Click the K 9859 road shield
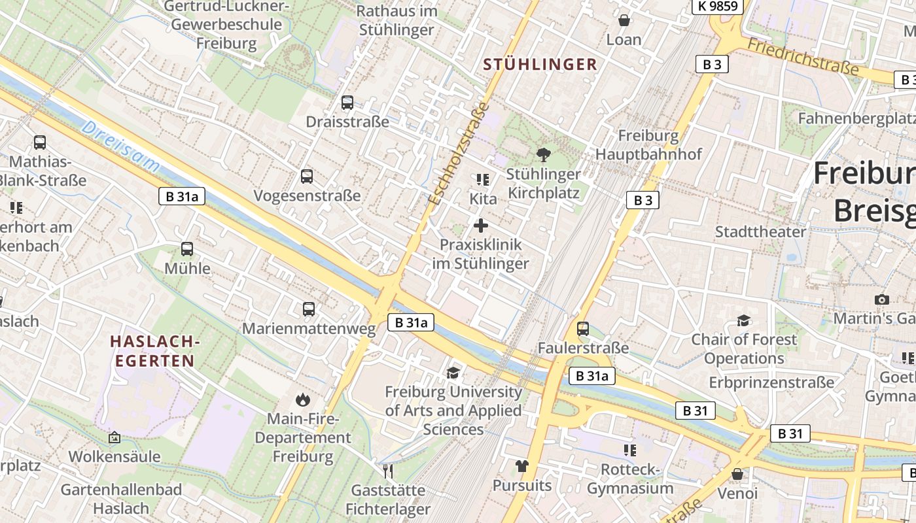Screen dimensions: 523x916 click(717, 7)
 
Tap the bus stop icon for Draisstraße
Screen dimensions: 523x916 click(347, 103)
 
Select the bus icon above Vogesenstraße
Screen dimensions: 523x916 click(306, 177)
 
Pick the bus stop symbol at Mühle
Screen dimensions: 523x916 click(187, 249)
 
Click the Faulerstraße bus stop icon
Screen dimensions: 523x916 click(583, 329)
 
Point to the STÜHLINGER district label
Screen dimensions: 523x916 click(540, 64)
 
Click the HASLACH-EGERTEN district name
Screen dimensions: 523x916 click(154, 351)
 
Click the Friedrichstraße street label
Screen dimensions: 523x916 click(802, 56)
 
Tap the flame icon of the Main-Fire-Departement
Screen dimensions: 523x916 click(302, 399)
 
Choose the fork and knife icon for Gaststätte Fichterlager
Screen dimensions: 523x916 click(388, 471)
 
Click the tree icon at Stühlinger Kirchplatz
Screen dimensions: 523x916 click(543, 155)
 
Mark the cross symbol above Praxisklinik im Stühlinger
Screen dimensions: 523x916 click(481, 226)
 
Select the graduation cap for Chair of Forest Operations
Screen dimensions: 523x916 click(744, 320)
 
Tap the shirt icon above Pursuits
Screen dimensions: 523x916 click(521, 466)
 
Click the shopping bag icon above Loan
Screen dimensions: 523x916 click(624, 20)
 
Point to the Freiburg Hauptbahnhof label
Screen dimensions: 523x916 click(648, 145)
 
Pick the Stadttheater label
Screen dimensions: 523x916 click(760, 232)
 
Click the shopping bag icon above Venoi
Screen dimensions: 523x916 click(737, 474)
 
